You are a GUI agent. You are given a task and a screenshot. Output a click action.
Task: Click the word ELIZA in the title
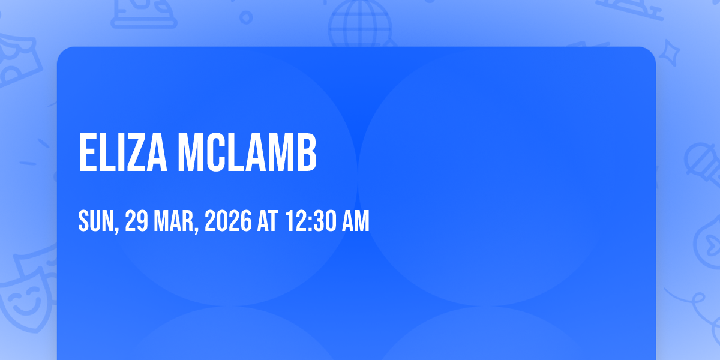click(x=123, y=152)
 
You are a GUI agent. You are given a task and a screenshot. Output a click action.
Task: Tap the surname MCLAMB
click(x=247, y=152)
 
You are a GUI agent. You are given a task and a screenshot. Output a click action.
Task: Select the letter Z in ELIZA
click(x=136, y=152)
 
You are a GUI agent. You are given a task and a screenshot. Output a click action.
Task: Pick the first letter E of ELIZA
click(x=88, y=152)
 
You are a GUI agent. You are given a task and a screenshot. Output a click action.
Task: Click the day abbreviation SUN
click(x=96, y=221)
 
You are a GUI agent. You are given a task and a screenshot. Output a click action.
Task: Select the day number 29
click(x=136, y=221)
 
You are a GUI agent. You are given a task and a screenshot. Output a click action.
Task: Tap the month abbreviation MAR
click(x=173, y=221)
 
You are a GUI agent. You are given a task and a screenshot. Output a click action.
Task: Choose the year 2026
click(x=228, y=221)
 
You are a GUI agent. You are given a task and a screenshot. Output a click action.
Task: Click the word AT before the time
click(x=268, y=221)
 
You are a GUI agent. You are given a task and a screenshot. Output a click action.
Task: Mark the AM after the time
click(x=355, y=221)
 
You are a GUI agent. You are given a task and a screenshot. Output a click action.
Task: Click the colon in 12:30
click(x=311, y=222)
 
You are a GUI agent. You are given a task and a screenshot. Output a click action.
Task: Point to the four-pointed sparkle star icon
click(x=670, y=53)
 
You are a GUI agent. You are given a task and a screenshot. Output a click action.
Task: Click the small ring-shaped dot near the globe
click(x=246, y=17)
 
